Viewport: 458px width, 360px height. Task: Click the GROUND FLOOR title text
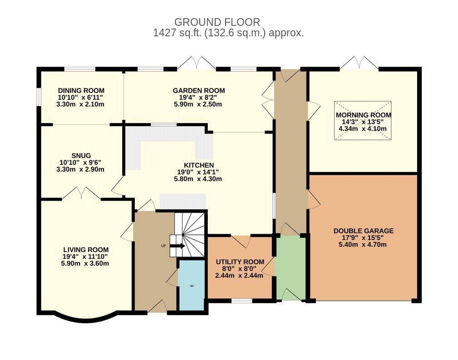[x=217, y=22]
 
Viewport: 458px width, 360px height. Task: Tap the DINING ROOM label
[x=81, y=91]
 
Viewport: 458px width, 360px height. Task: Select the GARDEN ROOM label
[x=199, y=91]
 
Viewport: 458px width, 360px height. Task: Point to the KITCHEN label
[x=199, y=165]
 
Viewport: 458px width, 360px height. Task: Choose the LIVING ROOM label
[x=86, y=250]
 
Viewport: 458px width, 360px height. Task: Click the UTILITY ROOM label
[x=240, y=262]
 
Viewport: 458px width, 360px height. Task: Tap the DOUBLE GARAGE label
[x=364, y=231]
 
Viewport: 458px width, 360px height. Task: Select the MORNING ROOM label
[x=364, y=115]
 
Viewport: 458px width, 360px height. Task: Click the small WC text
[x=192, y=286]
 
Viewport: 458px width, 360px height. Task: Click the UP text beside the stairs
[x=163, y=246]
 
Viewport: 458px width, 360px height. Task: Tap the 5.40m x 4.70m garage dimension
[x=363, y=245]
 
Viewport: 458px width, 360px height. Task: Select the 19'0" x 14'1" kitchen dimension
[x=198, y=172]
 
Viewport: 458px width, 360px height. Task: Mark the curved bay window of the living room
[x=86, y=319]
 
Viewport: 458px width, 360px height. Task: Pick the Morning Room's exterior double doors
[x=359, y=63]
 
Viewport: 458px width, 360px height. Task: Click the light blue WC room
[x=192, y=285]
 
